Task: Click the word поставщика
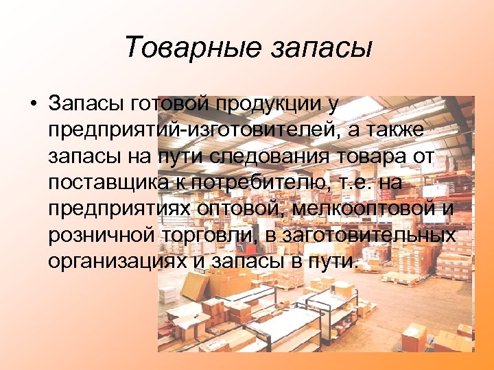(x=102, y=183)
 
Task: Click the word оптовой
(x=238, y=209)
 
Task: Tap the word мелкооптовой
(x=366, y=209)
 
